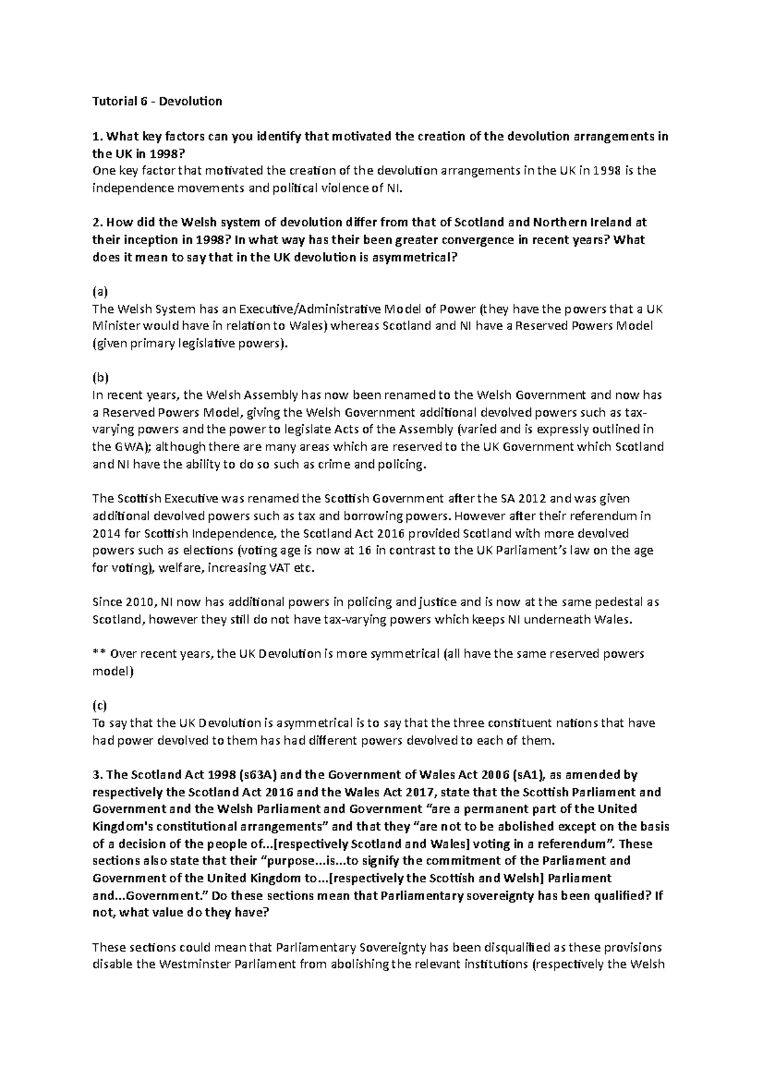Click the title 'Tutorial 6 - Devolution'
157,101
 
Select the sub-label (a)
100,292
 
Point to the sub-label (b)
100,378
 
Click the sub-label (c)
100,705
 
